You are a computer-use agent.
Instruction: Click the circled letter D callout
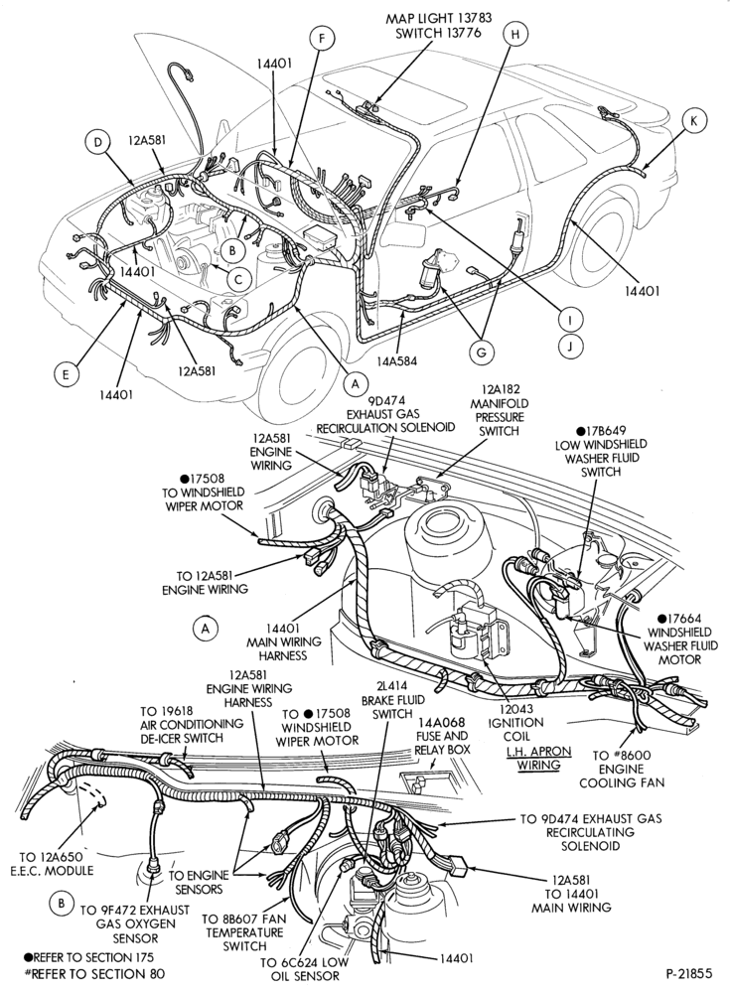97,143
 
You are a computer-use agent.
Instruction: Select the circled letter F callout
322,40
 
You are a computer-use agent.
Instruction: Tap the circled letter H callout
515,35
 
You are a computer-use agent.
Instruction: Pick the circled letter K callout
693,121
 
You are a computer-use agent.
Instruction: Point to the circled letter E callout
66,375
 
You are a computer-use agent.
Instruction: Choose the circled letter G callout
481,353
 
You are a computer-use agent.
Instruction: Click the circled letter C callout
238,278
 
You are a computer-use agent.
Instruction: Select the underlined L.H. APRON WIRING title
538,758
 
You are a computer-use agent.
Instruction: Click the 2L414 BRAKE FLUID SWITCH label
392,700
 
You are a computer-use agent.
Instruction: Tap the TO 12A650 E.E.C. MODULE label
52,864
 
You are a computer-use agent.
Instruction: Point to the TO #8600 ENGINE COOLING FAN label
623,769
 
